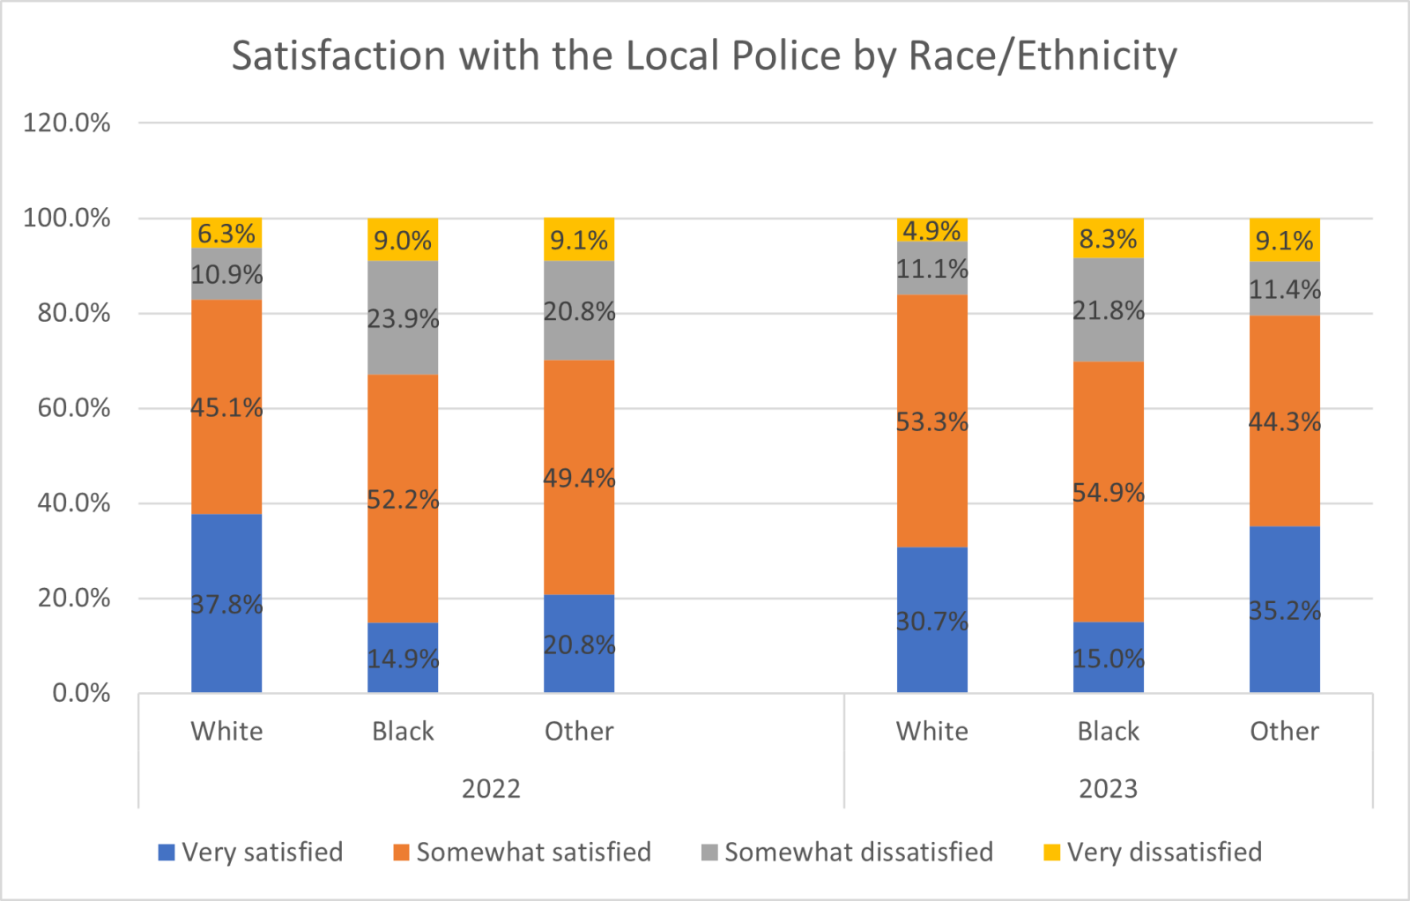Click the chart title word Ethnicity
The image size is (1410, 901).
pyautogui.click(x=1097, y=56)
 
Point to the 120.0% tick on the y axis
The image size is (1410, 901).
pyautogui.click(x=67, y=123)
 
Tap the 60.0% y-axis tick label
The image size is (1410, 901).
pyautogui.click(x=73, y=408)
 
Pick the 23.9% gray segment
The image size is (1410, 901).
pyautogui.click(x=403, y=317)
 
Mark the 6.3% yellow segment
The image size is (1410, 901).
pyautogui.click(x=226, y=234)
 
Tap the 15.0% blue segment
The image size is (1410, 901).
pyautogui.click(x=1108, y=658)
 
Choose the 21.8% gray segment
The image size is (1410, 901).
pyautogui.click(x=1108, y=310)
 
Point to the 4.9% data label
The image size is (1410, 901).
pyautogui.click(x=931, y=231)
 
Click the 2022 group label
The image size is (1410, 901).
pyautogui.click(x=491, y=788)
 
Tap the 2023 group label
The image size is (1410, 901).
pyautogui.click(x=1108, y=788)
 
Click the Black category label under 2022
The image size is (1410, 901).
pyautogui.click(x=403, y=731)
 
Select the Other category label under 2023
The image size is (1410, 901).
pyautogui.click(x=1284, y=731)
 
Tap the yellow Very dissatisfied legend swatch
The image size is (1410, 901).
pyautogui.click(x=1051, y=853)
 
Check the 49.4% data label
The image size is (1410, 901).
pyautogui.click(x=579, y=478)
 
